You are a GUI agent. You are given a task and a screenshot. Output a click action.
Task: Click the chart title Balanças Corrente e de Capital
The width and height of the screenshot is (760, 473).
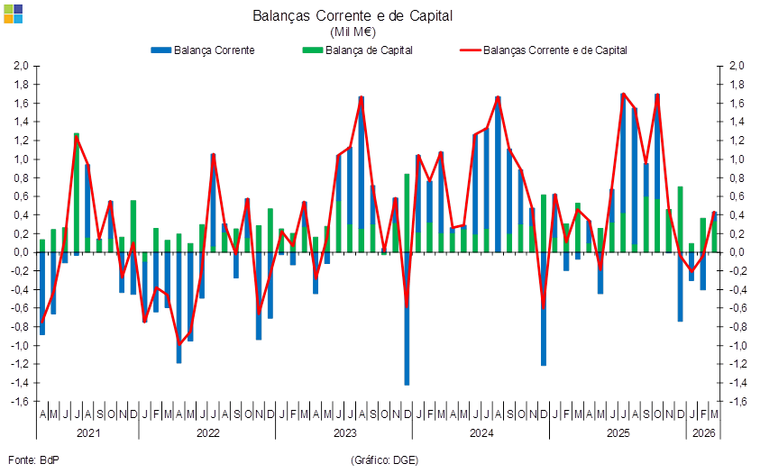coord(353,16)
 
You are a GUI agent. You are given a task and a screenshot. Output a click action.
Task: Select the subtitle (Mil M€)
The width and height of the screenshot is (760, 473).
coord(353,32)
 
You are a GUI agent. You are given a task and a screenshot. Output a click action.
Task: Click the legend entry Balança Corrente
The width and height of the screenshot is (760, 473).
coord(203,50)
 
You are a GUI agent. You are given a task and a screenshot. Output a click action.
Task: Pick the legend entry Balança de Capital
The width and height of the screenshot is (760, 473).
coord(357,50)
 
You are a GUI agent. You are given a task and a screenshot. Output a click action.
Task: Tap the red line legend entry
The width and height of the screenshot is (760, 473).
coord(544,50)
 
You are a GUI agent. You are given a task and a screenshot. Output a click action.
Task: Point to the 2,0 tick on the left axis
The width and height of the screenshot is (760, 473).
coord(23,66)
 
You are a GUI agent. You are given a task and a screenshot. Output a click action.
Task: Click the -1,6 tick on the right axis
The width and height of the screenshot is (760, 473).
coord(736,401)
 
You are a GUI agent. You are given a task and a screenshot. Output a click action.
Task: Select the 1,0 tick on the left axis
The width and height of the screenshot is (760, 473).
coord(23,159)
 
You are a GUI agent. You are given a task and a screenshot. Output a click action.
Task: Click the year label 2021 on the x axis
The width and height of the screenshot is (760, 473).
coord(88,432)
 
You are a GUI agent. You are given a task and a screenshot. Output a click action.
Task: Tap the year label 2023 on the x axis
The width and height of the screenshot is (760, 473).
coord(344,432)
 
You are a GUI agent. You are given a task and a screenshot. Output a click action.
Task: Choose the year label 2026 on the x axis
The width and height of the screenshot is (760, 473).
coord(703,432)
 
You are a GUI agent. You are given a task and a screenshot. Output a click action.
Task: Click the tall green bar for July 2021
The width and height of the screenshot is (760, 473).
coord(77,193)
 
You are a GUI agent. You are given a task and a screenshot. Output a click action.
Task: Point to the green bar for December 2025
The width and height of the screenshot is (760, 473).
coord(680,219)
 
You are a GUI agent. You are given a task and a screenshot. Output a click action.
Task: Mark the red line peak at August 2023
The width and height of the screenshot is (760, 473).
coord(362,96)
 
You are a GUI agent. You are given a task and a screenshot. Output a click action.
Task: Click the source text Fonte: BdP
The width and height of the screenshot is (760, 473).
coord(34,459)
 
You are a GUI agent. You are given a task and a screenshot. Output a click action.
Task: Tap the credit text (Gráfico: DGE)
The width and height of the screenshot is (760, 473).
coord(384,459)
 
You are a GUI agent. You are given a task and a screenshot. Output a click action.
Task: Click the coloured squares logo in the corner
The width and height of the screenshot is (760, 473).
coord(14,14)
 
